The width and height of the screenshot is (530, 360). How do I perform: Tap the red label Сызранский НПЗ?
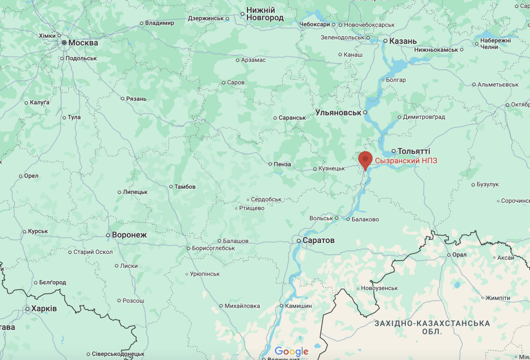point(406,161)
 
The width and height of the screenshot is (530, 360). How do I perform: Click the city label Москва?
point(83,43)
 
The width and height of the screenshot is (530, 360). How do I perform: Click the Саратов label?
point(319,241)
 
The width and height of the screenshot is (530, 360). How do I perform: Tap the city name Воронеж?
point(129,235)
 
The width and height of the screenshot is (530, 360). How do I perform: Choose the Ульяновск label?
point(338,112)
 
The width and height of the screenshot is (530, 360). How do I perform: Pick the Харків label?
point(44,309)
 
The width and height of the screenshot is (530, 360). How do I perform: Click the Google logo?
point(291,352)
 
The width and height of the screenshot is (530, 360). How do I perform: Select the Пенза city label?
point(283,164)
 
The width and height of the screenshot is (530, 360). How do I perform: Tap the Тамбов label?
point(185,187)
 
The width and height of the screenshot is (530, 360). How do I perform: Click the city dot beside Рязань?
point(122,98)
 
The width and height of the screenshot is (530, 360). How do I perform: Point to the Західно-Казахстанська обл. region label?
point(432,327)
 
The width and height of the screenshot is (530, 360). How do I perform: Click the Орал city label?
point(459,254)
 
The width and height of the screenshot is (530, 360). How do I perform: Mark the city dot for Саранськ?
point(275,117)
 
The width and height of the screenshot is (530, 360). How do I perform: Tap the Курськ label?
point(38,231)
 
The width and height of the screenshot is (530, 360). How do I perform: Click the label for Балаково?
point(365,219)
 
